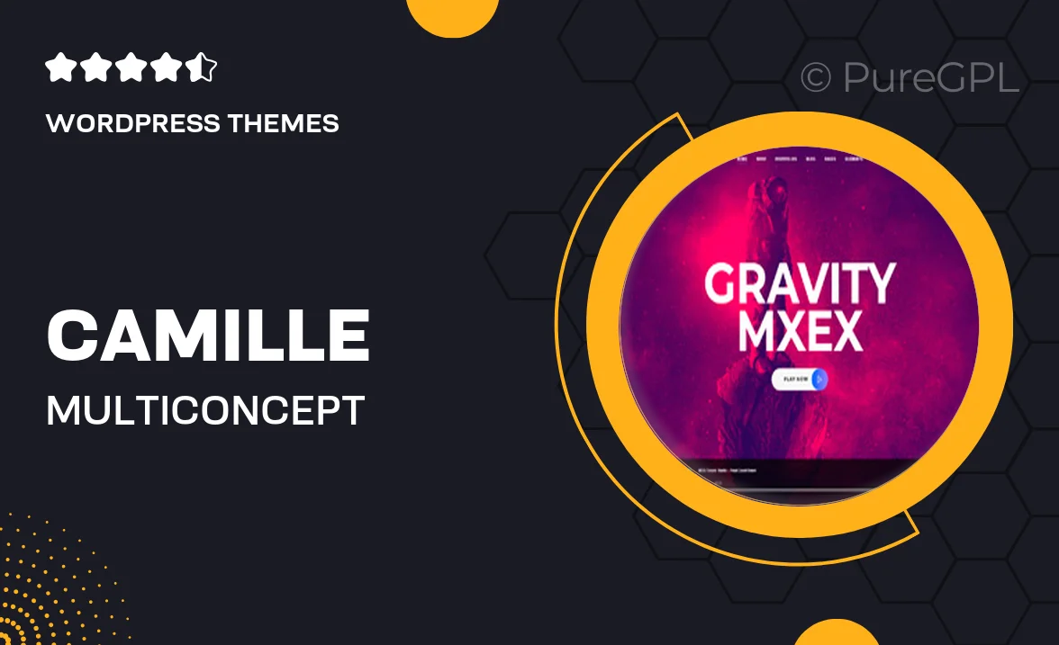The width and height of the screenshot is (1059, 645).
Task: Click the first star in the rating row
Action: (x=59, y=68)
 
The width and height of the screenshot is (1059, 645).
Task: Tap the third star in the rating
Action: (x=131, y=68)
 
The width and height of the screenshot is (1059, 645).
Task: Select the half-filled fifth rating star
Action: (x=203, y=68)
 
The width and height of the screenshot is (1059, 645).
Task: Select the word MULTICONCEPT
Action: (x=205, y=411)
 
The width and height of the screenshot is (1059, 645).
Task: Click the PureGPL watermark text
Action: (x=930, y=78)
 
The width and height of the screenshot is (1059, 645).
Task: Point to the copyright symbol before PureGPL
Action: (x=816, y=78)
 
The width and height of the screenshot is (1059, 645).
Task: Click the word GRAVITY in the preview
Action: (x=800, y=283)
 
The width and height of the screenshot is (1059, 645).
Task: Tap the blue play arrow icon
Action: (x=819, y=380)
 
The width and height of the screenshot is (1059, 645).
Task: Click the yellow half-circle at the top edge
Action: (x=452, y=13)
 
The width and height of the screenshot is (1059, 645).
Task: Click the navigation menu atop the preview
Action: (x=800, y=159)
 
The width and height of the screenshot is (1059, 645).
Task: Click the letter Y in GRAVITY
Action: (x=875, y=283)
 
